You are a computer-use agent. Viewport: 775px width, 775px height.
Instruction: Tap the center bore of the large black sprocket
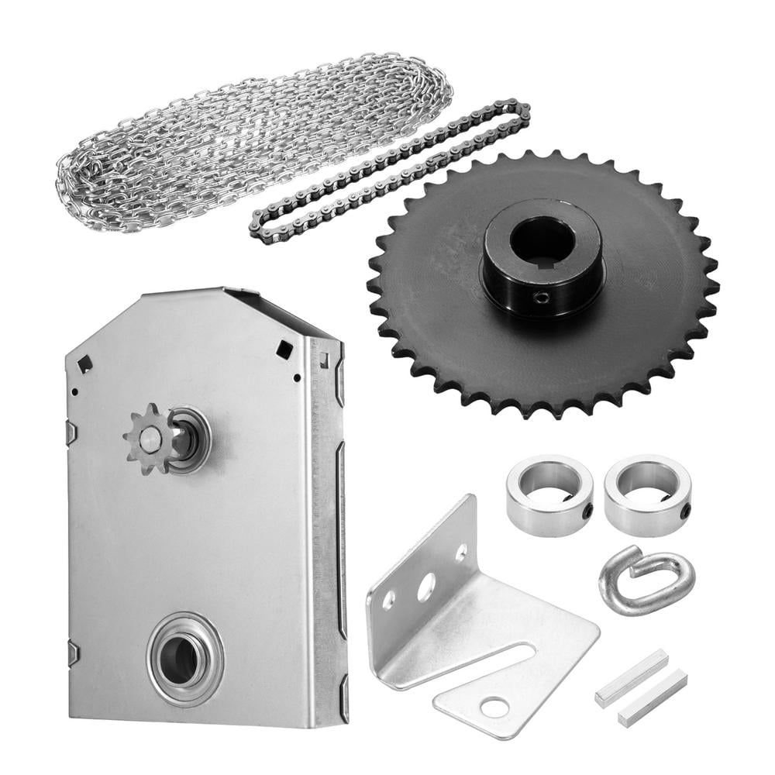pos(542,240)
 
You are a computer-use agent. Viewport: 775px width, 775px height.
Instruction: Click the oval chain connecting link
pos(646,580)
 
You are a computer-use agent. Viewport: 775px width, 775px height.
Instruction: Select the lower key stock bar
pos(652,697)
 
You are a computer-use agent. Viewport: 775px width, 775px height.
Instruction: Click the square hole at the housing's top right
pos(284,350)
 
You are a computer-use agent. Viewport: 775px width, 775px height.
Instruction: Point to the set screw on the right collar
pos(685,511)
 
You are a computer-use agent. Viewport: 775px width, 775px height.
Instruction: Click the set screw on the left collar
pos(587,511)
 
